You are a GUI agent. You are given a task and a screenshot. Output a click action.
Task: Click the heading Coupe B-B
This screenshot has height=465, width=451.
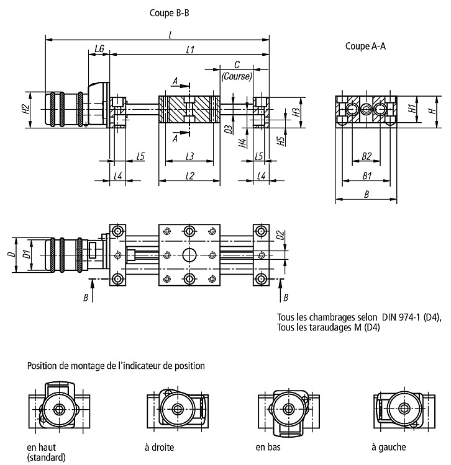(169, 13)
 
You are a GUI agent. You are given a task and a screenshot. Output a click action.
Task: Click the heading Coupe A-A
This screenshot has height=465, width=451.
(365, 46)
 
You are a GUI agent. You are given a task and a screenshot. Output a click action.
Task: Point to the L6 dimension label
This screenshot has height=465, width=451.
(99, 48)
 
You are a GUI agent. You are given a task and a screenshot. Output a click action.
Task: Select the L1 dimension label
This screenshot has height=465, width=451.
(190, 49)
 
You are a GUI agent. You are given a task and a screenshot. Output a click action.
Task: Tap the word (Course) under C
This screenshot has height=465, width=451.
(237, 76)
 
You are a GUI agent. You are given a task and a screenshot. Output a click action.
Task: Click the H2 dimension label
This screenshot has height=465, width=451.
(26, 109)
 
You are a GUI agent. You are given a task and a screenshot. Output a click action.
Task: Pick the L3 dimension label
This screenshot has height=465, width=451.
(189, 156)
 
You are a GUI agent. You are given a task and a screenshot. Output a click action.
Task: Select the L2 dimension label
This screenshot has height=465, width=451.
(189, 176)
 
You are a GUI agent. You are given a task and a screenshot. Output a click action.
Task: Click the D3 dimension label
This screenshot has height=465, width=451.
(228, 130)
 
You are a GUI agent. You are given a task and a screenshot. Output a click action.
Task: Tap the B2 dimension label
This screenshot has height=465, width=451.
(367, 156)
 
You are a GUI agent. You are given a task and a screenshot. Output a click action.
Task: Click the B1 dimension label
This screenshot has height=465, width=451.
(367, 176)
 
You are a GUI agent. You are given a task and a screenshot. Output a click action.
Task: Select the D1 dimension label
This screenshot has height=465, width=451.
(27, 254)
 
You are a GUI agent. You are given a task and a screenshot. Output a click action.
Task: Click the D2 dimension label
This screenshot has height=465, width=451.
(280, 235)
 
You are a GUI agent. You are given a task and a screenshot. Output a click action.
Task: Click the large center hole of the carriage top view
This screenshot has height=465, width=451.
(189, 255)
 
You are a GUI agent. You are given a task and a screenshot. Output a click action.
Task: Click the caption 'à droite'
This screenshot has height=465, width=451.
(159, 447)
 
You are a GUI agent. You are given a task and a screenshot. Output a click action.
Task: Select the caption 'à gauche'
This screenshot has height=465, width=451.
(389, 448)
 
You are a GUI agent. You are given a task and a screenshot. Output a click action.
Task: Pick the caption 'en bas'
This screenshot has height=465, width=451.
(268, 447)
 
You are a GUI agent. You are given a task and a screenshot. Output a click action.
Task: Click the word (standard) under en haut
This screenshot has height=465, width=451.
(47, 458)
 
